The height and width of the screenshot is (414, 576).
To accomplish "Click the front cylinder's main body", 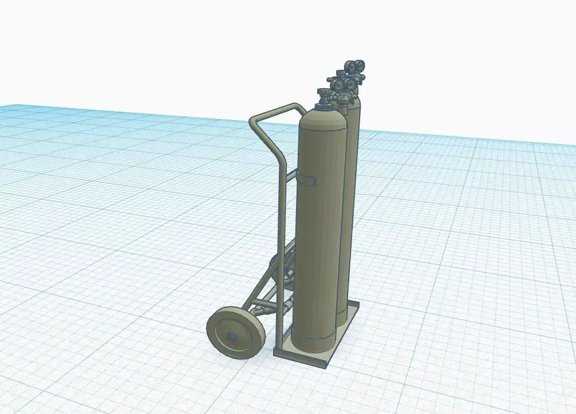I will tap(321, 229).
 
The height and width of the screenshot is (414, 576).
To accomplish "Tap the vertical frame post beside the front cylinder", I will tap(281, 240).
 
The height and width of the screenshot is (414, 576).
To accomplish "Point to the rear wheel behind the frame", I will tap(283, 269).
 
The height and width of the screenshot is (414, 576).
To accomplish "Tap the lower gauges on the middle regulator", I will tap(341, 85).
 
